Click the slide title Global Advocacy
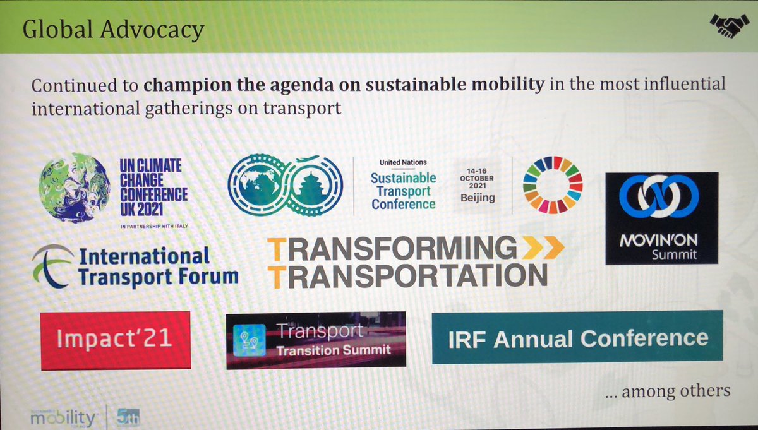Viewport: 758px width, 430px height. [x=113, y=30]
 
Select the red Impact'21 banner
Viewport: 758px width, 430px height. [x=115, y=340]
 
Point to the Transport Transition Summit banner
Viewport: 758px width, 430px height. [x=315, y=340]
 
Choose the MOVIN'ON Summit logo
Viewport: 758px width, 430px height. [x=661, y=217]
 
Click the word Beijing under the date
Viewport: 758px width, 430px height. [x=478, y=198]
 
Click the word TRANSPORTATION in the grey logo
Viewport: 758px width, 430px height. [x=407, y=275]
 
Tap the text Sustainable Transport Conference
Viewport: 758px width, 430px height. [x=403, y=190]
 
